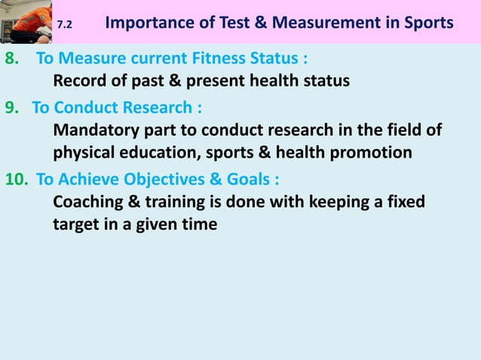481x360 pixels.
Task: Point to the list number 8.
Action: [11, 59]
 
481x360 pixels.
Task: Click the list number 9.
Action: [11, 106]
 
